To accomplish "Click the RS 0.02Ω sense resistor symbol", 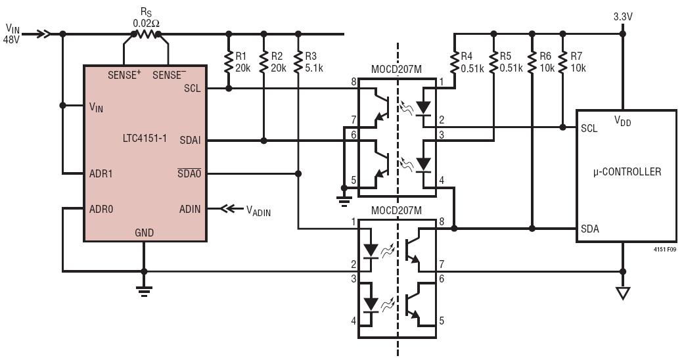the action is click(146, 34).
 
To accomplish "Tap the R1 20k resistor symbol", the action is click(229, 62).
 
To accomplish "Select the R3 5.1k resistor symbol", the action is click(298, 62).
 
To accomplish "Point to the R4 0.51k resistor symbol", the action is click(454, 62).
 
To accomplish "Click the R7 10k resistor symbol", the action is click(562, 62).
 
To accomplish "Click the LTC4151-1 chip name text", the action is click(145, 139).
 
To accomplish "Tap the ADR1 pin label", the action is click(101, 173).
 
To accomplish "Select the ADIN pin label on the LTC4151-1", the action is click(190, 209).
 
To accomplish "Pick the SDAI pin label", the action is click(190, 141).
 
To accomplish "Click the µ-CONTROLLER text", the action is click(627, 171).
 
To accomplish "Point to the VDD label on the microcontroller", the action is click(622, 121).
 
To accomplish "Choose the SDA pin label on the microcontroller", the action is click(590, 229).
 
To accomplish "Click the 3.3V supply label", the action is click(623, 17).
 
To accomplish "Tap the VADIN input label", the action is click(258, 211).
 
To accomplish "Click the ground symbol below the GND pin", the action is click(144, 289).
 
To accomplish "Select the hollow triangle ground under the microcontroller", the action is click(623, 293).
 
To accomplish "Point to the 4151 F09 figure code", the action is click(665, 250).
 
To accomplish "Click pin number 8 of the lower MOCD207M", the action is click(442, 221).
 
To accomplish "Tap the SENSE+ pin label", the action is click(124, 75).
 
